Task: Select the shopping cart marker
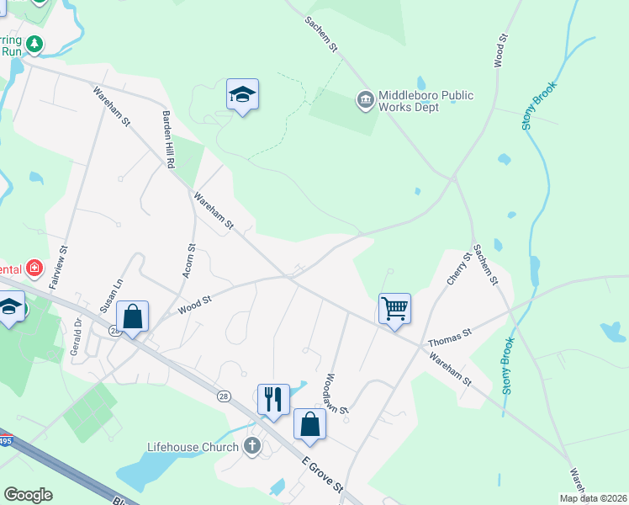(x=394, y=309)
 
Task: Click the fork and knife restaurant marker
(x=273, y=399)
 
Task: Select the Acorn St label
(x=189, y=262)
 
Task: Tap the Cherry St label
(x=457, y=267)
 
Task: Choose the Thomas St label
(x=450, y=338)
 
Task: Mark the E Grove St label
(x=324, y=476)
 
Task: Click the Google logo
(x=28, y=495)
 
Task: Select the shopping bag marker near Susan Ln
(x=133, y=316)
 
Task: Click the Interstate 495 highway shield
(x=3, y=440)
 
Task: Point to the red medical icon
(x=34, y=269)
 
